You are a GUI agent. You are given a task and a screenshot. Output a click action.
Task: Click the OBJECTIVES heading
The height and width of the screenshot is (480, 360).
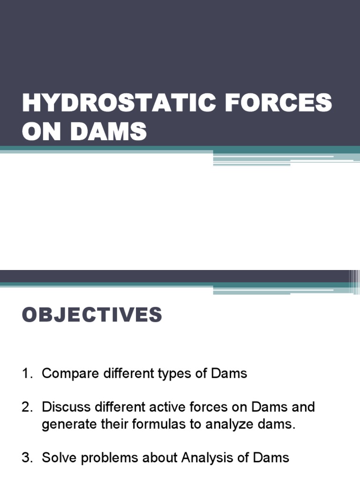92,315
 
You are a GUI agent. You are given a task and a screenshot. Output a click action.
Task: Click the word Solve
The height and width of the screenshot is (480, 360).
58,457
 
